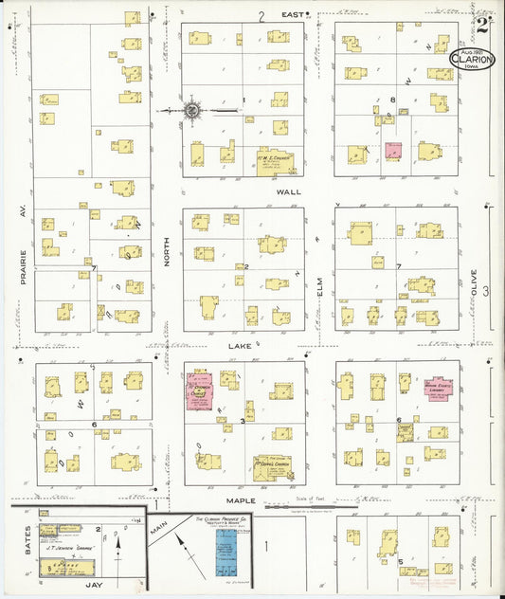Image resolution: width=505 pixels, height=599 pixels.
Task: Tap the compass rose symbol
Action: point(191,111)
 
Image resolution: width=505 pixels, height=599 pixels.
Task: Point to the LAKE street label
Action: point(239,347)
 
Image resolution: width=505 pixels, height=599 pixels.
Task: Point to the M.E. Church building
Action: point(275,161)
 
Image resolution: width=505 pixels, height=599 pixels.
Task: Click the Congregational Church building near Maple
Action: point(272,467)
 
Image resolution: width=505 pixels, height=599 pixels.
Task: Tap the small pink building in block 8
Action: point(392,152)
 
